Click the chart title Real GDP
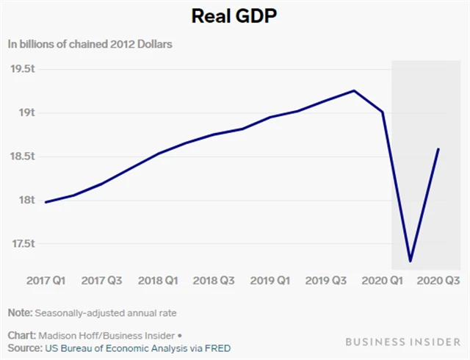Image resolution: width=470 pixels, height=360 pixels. click(x=235, y=15)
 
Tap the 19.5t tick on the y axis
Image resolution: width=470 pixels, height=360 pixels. click(x=23, y=69)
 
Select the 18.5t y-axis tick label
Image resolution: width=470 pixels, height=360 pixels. click(x=23, y=156)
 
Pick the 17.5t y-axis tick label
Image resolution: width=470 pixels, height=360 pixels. click(x=23, y=243)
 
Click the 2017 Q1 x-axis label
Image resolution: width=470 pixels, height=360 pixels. click(x=45, y=281)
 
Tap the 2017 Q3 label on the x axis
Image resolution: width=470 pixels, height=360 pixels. click(x=101, y=281)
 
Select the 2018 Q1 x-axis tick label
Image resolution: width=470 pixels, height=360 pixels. click(x=156, y=281)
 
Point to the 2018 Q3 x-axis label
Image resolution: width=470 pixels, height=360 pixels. click(x=213, y=281)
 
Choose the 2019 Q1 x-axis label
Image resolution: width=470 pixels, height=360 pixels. click(x=270, y=281)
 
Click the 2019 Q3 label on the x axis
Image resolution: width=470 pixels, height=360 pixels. click(x=326, y=281)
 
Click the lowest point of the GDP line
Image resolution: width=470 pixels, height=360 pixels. click(x=410, y=261)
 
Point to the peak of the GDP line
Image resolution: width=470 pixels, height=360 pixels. click(x=354, y=91)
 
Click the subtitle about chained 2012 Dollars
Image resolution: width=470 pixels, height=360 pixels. click(x=90, y=44)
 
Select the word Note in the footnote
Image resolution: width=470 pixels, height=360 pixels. click(x=20, y=312)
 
